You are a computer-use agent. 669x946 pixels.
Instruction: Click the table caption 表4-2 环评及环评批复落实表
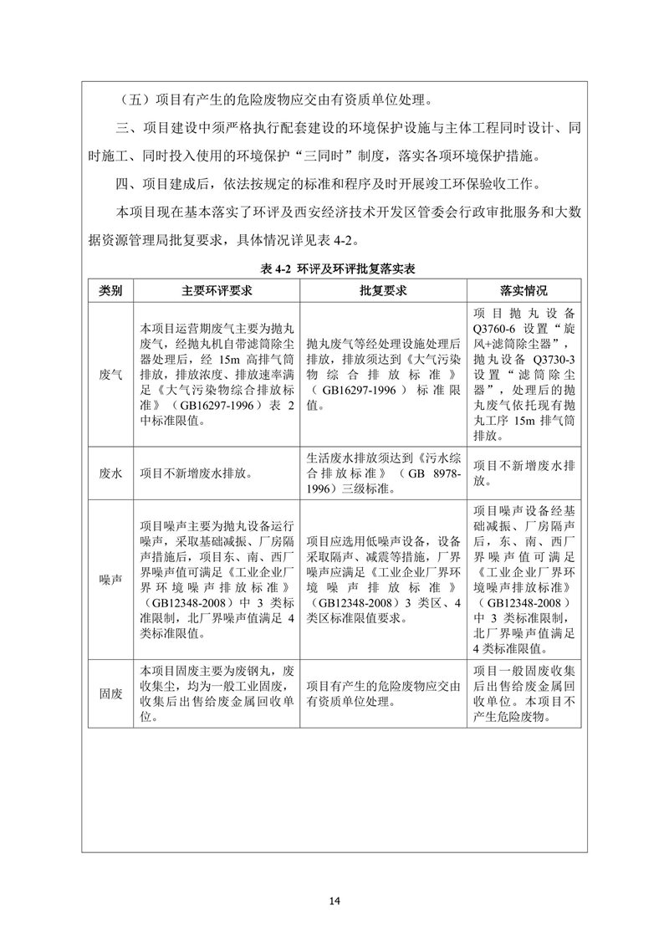coord(334,268)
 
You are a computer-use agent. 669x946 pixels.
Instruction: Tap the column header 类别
coord(111,291)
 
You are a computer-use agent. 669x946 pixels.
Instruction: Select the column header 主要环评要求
coord(217,291)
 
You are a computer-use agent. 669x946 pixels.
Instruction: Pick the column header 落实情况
coord(523,291)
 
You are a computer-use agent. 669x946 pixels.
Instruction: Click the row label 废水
coord(111,473)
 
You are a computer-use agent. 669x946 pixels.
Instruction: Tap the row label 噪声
coord(111,579)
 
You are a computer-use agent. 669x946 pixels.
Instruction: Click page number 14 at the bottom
coord(334,901)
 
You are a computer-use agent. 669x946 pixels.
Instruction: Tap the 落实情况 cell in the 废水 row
coord(523,473)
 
